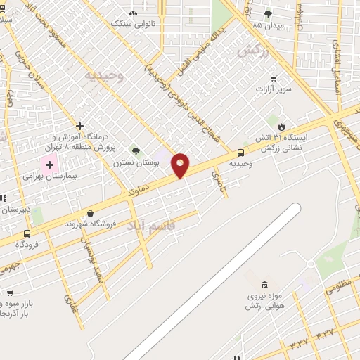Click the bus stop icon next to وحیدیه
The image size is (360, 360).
[x=241, y=153]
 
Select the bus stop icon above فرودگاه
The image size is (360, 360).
[x=27, y=233]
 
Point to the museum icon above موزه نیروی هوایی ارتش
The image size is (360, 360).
[x=264, y=285]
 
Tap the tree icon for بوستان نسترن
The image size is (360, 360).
[x=136, y=150]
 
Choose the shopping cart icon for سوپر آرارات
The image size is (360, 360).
[x=273, y=79]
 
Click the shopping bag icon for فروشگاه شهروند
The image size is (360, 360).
[x=90, y=213]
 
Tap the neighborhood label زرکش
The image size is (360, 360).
[x=254, y=49]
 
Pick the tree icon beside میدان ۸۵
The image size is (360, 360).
[x=268, y=14]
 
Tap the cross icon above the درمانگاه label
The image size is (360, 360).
[x=79, y=127]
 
